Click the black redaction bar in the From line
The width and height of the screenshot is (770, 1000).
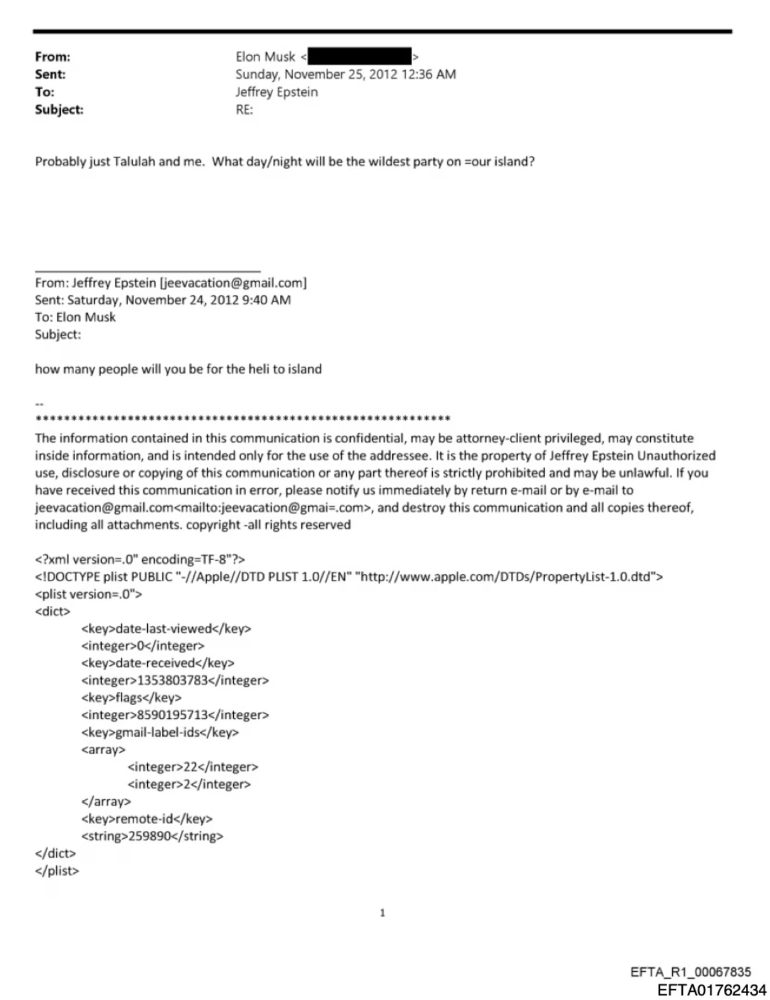[359, 56]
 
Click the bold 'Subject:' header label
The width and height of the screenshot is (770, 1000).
[59, 110]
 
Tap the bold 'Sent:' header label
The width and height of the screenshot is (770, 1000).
[50, 74]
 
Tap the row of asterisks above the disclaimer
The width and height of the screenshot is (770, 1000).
[242, 419]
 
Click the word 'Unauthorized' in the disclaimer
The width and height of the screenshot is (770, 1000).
[676, 456]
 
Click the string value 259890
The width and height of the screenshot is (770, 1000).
[150, 836]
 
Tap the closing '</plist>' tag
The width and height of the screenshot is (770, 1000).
[57, 871]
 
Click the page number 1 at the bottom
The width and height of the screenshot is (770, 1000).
[383, 913]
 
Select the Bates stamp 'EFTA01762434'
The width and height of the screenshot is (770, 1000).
[711, 990]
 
